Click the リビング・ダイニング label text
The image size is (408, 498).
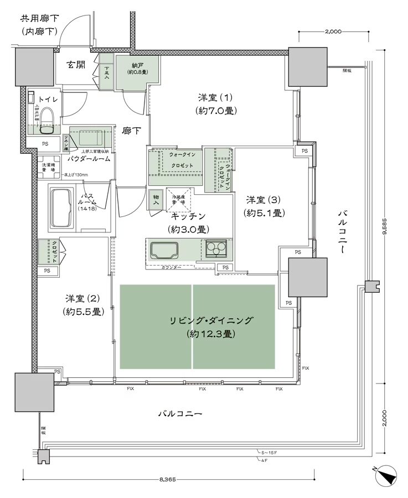pyautogui.click(x=212, y=320)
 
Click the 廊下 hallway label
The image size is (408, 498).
pyautogui.click(x=131, y=131)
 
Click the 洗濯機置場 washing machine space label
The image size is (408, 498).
pyautogui.click(x=49, y=168)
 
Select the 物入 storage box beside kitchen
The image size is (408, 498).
pyautogui.click(x=156, y=200)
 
